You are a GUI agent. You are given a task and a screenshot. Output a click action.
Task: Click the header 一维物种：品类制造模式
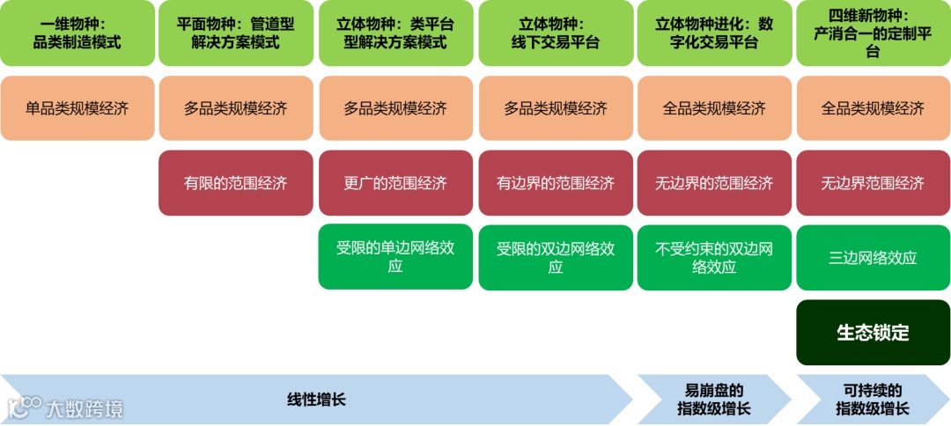coord(77,33)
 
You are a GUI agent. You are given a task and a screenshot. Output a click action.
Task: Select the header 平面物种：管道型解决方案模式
coord(236,33)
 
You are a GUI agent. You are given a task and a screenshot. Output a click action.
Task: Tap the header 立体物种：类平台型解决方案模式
coord(395,33)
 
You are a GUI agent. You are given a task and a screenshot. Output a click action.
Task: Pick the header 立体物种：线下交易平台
coord(556,33)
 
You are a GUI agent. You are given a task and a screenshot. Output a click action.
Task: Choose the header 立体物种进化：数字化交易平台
coord(714,33)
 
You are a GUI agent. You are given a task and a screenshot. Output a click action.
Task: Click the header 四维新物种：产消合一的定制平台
coord(874,33)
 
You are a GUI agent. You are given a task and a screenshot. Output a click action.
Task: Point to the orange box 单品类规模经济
coord(77,108)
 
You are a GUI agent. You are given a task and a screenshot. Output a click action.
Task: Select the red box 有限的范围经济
coord(236,183)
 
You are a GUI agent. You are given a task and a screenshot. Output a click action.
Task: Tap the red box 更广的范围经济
coord(395,183)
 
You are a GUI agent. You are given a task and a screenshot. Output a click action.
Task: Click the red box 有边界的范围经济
coord(556,183)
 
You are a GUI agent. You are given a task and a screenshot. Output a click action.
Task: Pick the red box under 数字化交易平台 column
coord(714,183)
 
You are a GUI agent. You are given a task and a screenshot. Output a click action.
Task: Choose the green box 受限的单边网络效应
coord(395,257)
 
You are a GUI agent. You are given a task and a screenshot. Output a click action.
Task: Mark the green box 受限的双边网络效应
coord(556,257)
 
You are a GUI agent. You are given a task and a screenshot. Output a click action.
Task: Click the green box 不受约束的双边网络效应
coord(714,257)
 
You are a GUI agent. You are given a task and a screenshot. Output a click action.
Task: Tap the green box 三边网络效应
coord(874,257)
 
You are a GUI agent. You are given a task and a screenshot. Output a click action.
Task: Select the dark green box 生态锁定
coord(874,333)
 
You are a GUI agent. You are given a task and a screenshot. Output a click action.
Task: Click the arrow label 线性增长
coord(317,400)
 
